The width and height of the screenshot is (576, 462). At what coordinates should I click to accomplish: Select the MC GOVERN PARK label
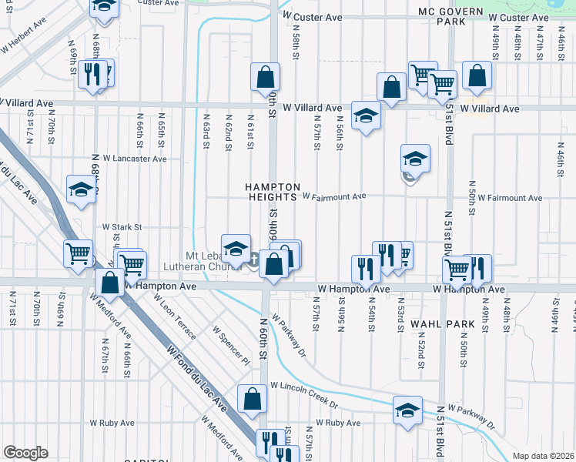[450, 17]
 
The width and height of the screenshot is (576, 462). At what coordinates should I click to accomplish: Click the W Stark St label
[122, 227]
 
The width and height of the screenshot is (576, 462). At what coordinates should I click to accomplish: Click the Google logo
[25, 453]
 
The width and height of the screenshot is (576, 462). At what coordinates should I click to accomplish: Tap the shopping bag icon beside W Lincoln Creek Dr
[252, 399]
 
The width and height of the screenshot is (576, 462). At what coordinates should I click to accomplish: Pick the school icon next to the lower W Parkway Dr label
[408, 410]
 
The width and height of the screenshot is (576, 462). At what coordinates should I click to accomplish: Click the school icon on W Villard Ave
[367, 115]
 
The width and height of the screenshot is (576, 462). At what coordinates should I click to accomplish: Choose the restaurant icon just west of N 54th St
[364, 268]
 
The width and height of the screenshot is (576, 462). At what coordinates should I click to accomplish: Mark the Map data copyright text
[543, 456]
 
